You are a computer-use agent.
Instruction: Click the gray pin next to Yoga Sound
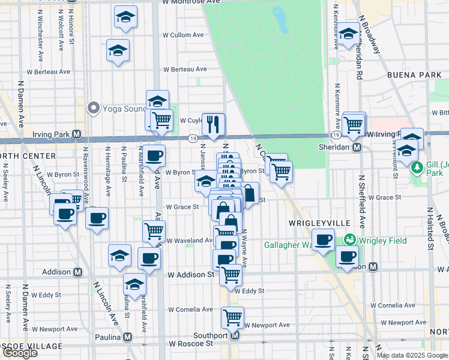(x=93, y=109)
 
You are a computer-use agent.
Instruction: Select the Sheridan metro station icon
(x=357, y=147)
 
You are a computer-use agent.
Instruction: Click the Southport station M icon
(x=235, y=336)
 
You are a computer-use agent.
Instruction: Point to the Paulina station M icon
(x=128, y=337)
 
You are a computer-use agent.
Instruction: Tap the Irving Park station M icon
(x=77, y=134)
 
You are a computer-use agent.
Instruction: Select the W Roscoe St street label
(x=191, y=344)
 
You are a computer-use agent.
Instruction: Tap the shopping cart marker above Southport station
(x=232, y=317)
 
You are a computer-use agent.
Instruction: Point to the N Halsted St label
(x=430, y=229)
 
